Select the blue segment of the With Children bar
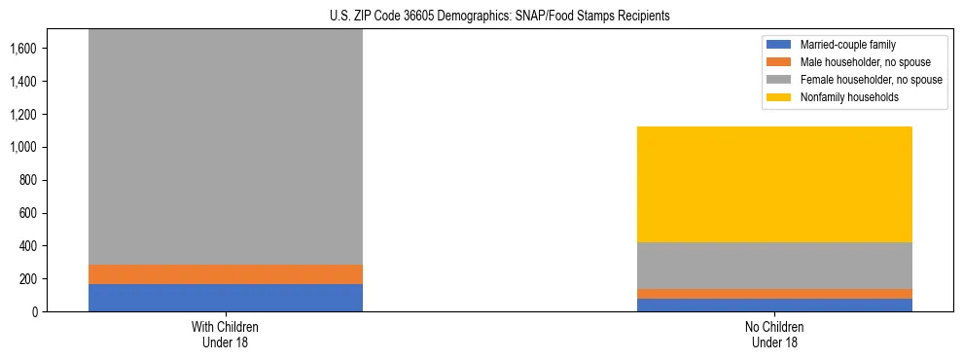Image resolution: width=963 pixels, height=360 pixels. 226,298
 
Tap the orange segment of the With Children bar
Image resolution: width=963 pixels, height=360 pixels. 226,274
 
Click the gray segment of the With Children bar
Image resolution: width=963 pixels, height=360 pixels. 226,146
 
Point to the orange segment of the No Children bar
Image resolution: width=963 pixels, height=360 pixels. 775,294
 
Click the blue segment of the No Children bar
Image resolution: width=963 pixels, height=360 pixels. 775,305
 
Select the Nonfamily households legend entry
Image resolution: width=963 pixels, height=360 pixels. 849,97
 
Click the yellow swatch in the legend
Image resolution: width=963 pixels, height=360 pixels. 780,97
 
